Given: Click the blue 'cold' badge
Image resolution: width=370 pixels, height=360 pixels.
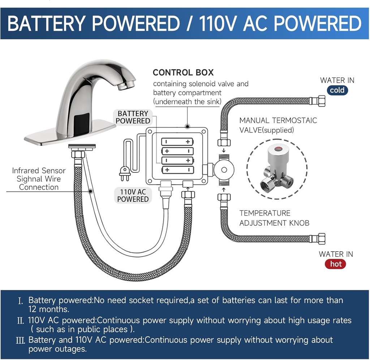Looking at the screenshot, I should pos(337,90).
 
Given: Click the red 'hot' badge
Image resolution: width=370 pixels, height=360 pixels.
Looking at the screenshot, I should pos(336,264).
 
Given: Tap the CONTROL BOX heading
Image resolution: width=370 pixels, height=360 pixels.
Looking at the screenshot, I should pos(183,72).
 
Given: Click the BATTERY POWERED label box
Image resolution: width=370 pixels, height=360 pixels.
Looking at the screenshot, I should pos(133,117).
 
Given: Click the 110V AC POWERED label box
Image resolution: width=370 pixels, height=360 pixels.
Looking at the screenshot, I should pos(133,195).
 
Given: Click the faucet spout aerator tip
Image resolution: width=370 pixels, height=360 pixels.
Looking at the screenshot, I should pos(127,85).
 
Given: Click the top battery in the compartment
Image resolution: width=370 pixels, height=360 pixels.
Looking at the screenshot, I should pos(177,142).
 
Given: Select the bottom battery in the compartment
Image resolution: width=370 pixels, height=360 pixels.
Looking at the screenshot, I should pos(177,170).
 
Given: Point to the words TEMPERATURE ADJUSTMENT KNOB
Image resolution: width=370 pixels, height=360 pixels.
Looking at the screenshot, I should pos(274,218).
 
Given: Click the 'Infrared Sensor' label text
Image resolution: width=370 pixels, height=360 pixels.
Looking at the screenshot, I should pos(39,170).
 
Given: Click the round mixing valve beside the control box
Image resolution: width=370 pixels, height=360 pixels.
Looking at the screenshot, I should pos(223,169).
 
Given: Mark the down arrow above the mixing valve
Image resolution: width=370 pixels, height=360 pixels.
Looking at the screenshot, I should pos(224,150).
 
